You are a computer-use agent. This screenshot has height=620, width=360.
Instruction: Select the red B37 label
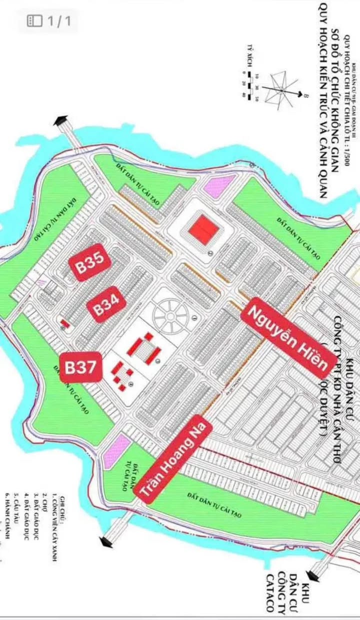pyautogui.click(x=81, y=368)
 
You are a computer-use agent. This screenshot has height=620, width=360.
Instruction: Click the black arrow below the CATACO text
pyautogui.click(x=315, y=567)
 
